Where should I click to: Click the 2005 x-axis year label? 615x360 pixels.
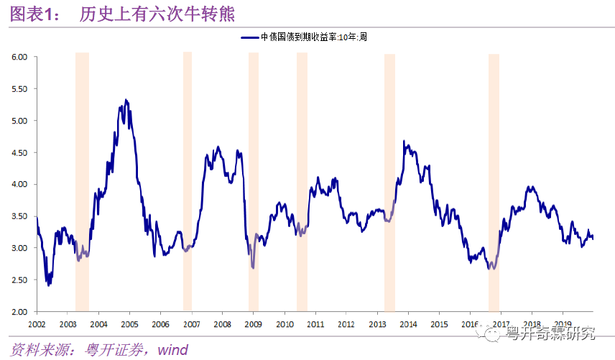coord(129,324)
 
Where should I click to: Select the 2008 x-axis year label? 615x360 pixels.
coord(223,324)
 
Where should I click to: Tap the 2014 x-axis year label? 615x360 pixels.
coord(409,324)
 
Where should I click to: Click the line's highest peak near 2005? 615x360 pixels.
coord(126,100)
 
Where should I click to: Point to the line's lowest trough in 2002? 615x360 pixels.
coord(48,285)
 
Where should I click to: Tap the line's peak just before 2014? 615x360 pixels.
coord(404,141)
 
